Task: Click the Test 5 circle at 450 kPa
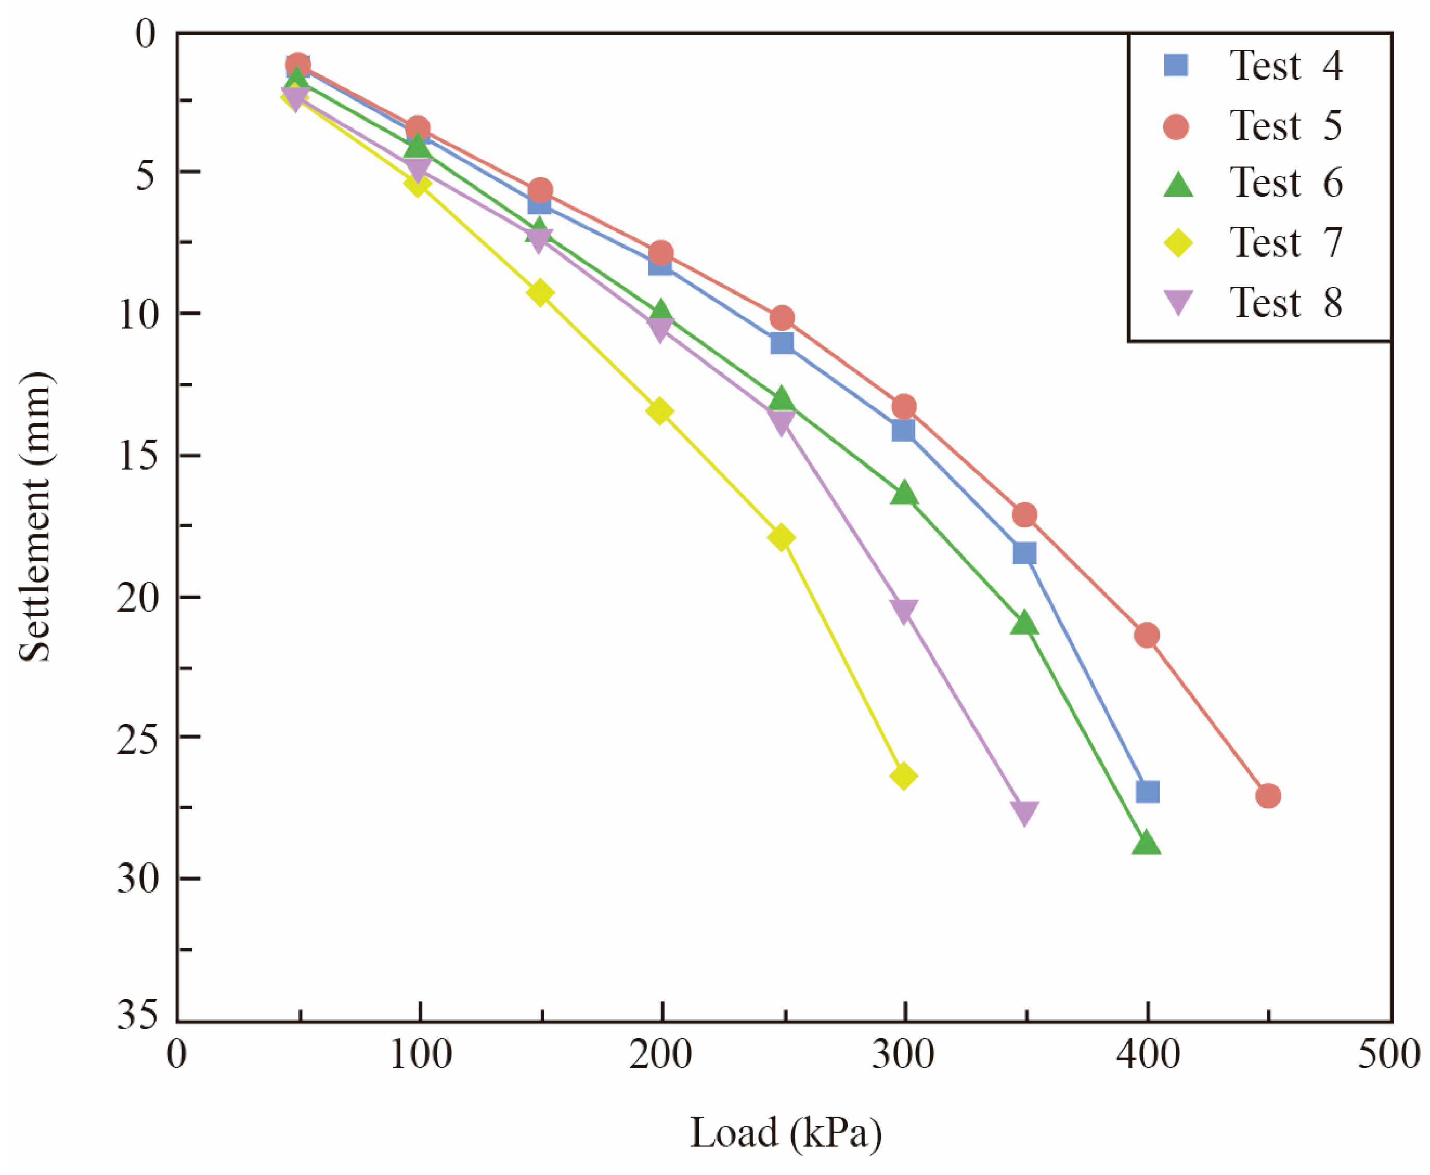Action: pyautogui.click(x=1268, y=795)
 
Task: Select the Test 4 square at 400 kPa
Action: pyautogui.click(x=1148, y=791)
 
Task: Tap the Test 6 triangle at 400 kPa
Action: pyautogui.click(x=1146, y=843)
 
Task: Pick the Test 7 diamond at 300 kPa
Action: pyautogui.click(x=903, y=776)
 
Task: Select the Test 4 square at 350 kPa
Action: pyautogui.click(x=1024, y=553)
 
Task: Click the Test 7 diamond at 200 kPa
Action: pyautogui.click(x=660, y=411)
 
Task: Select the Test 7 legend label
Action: pyautogui.click(x=1286, y=242)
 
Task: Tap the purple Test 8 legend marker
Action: pyautogui.click(x=1178, y=302)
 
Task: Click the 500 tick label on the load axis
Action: pyautogui.click(x=1389, y=1055)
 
